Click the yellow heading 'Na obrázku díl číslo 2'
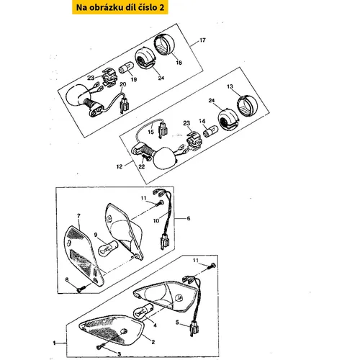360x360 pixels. pos(120,7)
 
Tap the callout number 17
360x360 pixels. pos(202,40)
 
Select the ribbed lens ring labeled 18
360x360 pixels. pos(165,45)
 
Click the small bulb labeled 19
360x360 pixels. pos(125,66)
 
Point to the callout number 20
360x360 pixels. pos(122,84)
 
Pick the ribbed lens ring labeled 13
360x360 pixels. pos(247,106)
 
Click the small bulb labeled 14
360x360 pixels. pos(211,132)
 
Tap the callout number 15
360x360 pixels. pos(150,132)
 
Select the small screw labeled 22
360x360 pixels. pos(146,157)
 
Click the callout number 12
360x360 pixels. pos(120,166)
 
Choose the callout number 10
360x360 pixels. pos(156,220)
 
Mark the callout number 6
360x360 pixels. pos(189,218)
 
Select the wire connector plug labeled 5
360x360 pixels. pos(194,328)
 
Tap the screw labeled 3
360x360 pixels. pos(101,346)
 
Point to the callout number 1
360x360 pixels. pos(54,343)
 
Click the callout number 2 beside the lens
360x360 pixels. pos(153,342)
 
